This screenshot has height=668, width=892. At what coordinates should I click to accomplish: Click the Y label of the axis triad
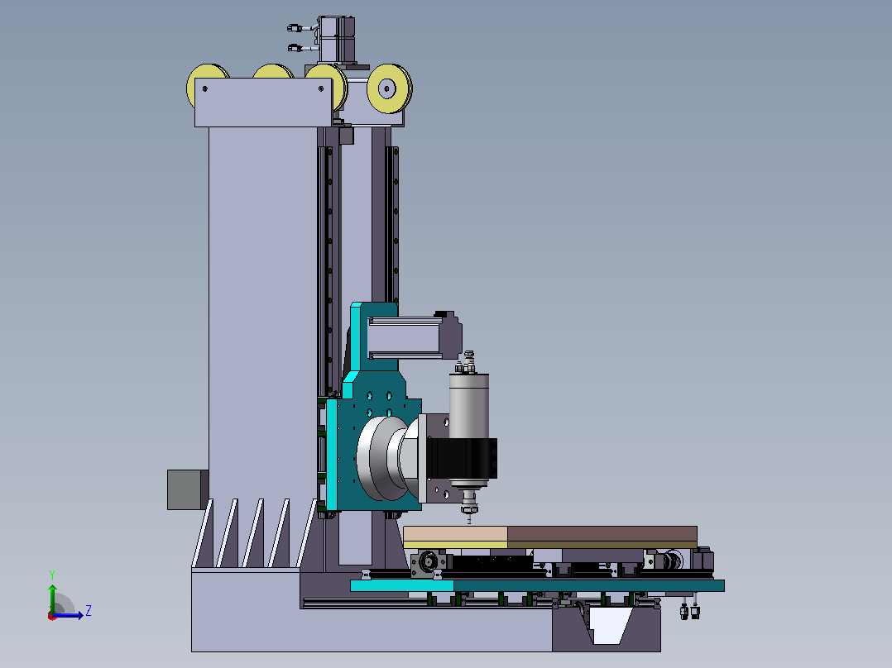(x=52, y=575)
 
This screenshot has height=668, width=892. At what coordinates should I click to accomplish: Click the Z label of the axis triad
(x=89, y=611)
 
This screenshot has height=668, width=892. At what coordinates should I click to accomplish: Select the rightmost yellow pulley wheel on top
(x=389, y=88)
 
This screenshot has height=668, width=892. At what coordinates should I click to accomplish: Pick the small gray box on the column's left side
(x=188, y=489)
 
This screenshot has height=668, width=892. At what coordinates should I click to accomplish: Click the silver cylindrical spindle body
(x=469, y=407)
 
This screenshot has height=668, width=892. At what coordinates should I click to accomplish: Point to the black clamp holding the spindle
(x=462, y=458)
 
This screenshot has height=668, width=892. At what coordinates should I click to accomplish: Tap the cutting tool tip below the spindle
(x=468, y=518)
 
